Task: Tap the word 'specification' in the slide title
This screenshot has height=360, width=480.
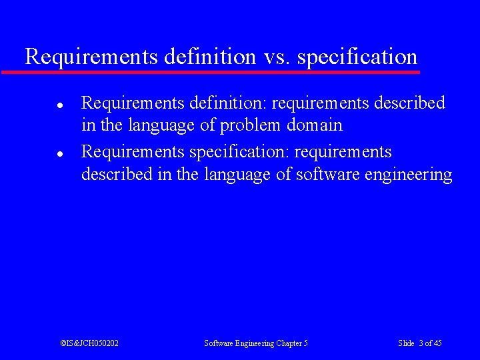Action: click(357, 57)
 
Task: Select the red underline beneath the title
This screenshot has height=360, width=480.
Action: click(211, 71)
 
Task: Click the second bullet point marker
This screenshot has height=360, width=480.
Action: click(59, 153)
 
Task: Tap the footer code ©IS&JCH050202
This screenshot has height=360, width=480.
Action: click(89, 343)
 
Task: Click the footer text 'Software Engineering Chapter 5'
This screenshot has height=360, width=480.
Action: click(256, 343)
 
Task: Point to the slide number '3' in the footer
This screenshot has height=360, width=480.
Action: click(421, 343)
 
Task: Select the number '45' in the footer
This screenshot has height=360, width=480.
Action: click(437, 343)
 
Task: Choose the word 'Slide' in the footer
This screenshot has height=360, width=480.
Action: click(407, 343)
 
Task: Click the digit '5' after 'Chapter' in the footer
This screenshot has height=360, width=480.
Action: click(305, 343)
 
